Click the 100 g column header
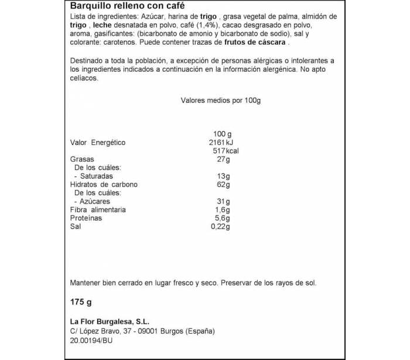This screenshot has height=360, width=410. coord(223,134)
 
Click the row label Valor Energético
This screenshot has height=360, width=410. coord(98,142)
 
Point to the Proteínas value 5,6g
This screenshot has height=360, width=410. coord(223,218)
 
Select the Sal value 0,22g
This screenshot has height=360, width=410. coord(221,226)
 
